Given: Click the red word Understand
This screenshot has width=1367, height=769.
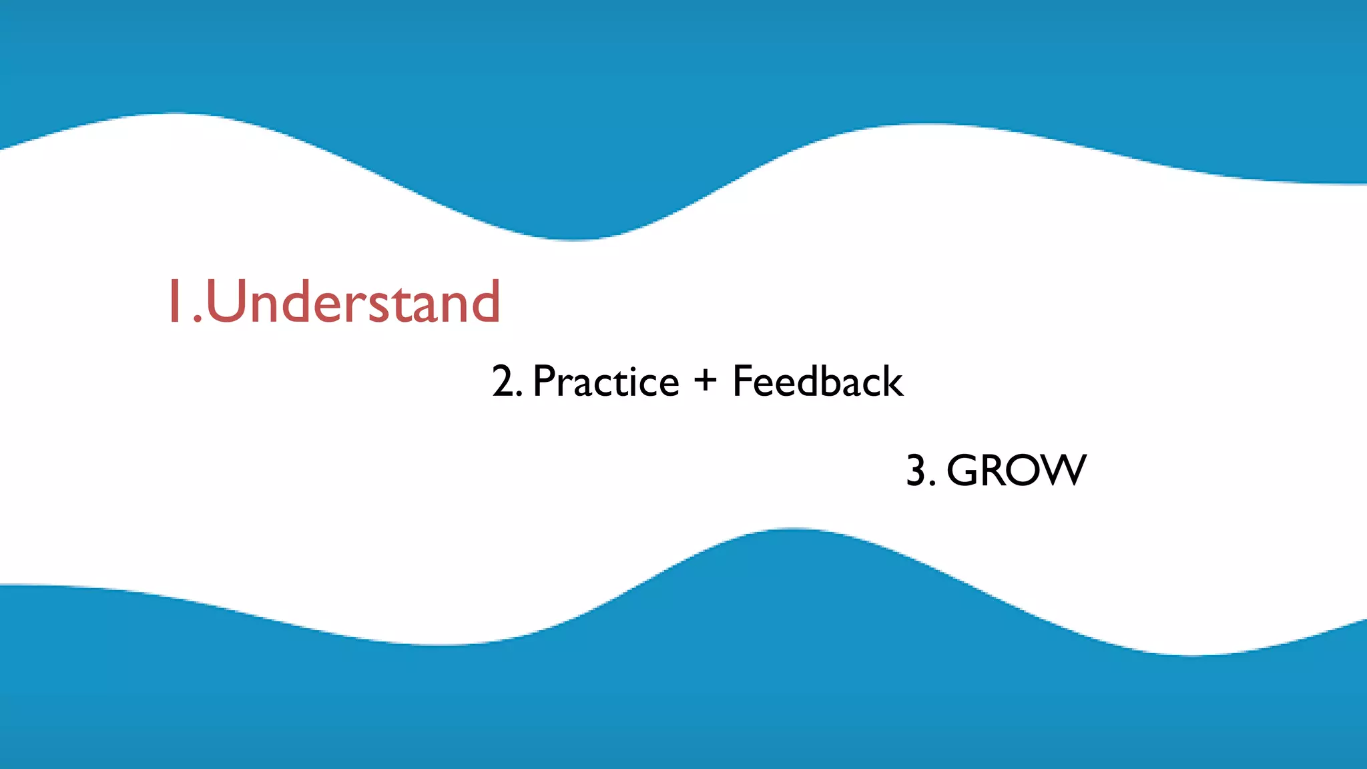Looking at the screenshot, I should pos(353,302).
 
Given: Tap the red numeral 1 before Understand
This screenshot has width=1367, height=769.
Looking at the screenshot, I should pos(175,302).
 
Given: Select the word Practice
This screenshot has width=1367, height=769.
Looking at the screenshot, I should pos(605,382).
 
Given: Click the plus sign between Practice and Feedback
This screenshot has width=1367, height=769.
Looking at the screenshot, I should pos(705,380).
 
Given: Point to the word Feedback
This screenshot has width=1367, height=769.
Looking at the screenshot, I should pos(817,382).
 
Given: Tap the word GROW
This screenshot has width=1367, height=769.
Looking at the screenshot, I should pos(1016,471).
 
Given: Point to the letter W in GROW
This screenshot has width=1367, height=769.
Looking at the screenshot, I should pos(1061,471).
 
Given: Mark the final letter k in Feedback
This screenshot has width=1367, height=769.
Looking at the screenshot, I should pos(892,382).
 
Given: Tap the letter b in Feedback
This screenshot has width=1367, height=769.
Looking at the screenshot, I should pos(834,382).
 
